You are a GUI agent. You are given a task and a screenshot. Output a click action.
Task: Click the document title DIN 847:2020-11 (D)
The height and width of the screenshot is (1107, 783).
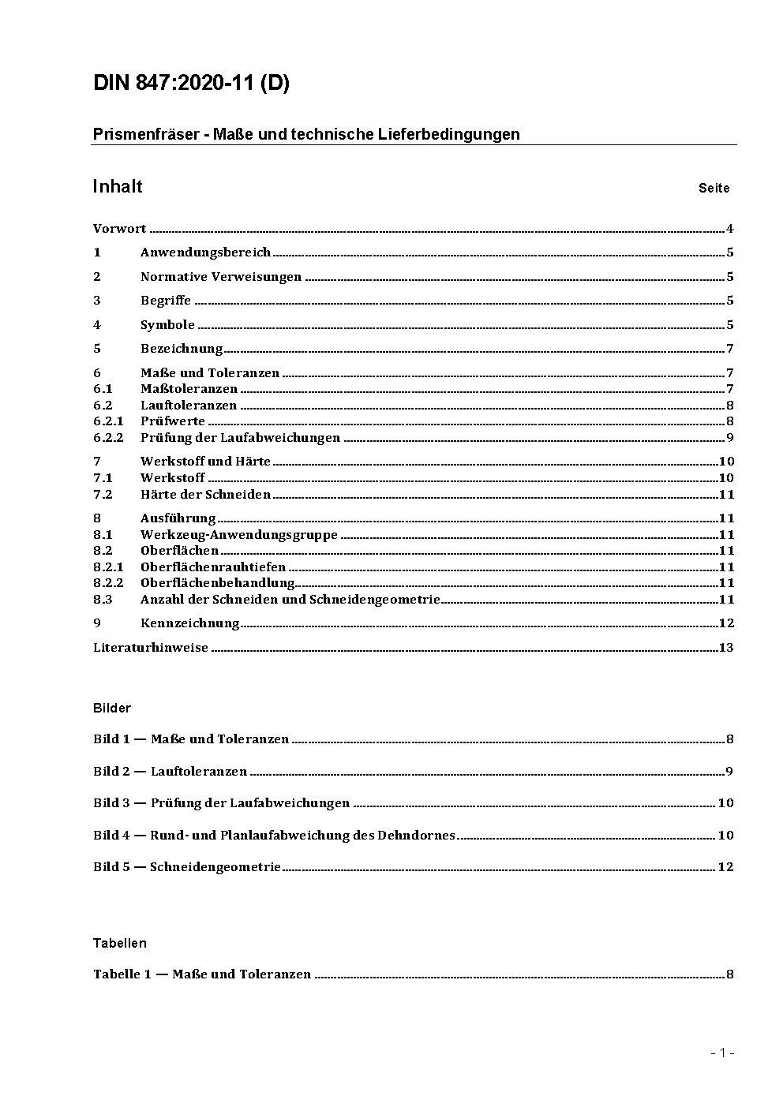click(x=191, y=84)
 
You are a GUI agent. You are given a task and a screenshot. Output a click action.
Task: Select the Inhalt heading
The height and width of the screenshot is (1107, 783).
click(x=118, y=186)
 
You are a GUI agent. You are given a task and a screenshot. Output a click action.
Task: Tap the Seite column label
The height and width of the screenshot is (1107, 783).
click(x=714, y=189)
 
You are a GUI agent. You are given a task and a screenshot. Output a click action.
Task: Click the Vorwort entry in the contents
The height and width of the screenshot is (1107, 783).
click(x=120, y=229)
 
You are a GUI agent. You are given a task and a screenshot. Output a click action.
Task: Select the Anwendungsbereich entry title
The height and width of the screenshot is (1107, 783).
click(x=205, y=252)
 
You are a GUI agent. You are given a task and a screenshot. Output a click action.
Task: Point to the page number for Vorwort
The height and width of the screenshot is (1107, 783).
click(x=730, y=230)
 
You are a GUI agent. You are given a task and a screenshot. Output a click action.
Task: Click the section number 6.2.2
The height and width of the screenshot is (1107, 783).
click(x=108, y=438)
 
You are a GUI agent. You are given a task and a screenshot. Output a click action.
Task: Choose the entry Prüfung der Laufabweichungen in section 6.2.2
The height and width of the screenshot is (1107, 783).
click(x=240, y=438)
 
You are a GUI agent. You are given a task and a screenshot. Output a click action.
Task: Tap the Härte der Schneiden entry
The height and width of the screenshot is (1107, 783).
click(x=205, y=495)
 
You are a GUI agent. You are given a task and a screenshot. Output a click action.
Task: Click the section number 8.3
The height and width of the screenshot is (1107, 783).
click(x=103, y=600)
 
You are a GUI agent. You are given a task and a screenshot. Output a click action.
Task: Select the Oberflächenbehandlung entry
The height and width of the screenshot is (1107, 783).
click(x=217, y=583)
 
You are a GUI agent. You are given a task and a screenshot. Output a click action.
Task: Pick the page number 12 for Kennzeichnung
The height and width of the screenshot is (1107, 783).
click(x=726, y=623)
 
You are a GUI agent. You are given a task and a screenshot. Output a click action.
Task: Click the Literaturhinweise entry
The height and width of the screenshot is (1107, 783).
click(x=151, y=648)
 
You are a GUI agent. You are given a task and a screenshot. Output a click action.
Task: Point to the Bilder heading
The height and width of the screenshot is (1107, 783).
click(x=112, y=709)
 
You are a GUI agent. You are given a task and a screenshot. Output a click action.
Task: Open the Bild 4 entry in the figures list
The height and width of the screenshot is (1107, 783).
click(x=274, y=836)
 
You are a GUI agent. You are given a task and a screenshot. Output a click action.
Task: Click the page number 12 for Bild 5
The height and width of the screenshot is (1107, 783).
click(x=725, y=867)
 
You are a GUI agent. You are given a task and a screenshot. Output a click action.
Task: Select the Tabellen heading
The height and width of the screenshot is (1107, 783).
click(x=120, y=944)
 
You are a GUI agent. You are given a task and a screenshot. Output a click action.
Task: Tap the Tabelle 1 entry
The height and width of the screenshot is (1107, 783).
click(x=202, y=974)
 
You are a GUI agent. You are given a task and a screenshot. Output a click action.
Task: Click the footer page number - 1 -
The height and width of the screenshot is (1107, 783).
click(x=722, y=1053)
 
